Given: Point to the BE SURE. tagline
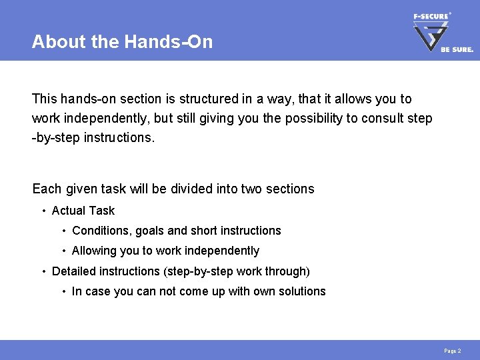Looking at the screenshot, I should pos(457,49).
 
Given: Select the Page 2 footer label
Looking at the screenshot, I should pos(452,351).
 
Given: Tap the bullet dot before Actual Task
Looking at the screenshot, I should pos(43,211).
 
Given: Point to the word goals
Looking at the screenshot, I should pos(150,231).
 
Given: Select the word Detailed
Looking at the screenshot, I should pos(73,271).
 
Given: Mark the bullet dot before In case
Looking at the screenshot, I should pos(63,292).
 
